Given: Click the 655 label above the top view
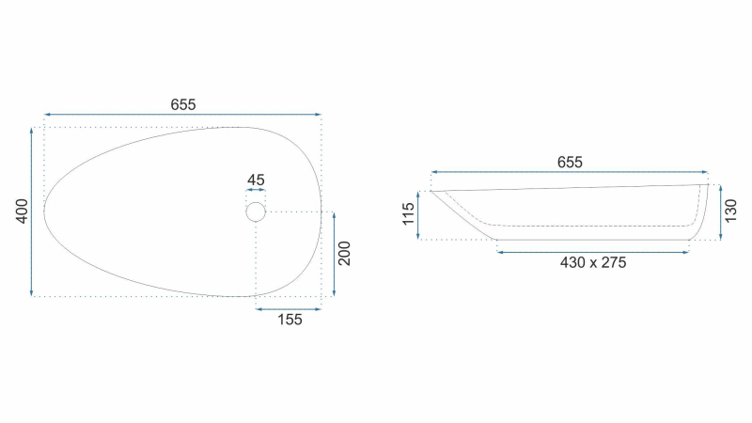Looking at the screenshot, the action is click(183, 104).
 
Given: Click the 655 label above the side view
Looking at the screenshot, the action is click(570, 162).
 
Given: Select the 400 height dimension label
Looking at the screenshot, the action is click(22, 211).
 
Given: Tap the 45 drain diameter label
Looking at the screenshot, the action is click(256, 180).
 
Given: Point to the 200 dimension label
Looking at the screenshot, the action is click(344, 253).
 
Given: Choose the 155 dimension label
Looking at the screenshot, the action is click(290, 320).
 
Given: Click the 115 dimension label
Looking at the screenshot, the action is click(408, 214).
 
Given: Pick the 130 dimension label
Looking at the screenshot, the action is click(730, 211).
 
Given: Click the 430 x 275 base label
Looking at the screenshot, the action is click(593, 262).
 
